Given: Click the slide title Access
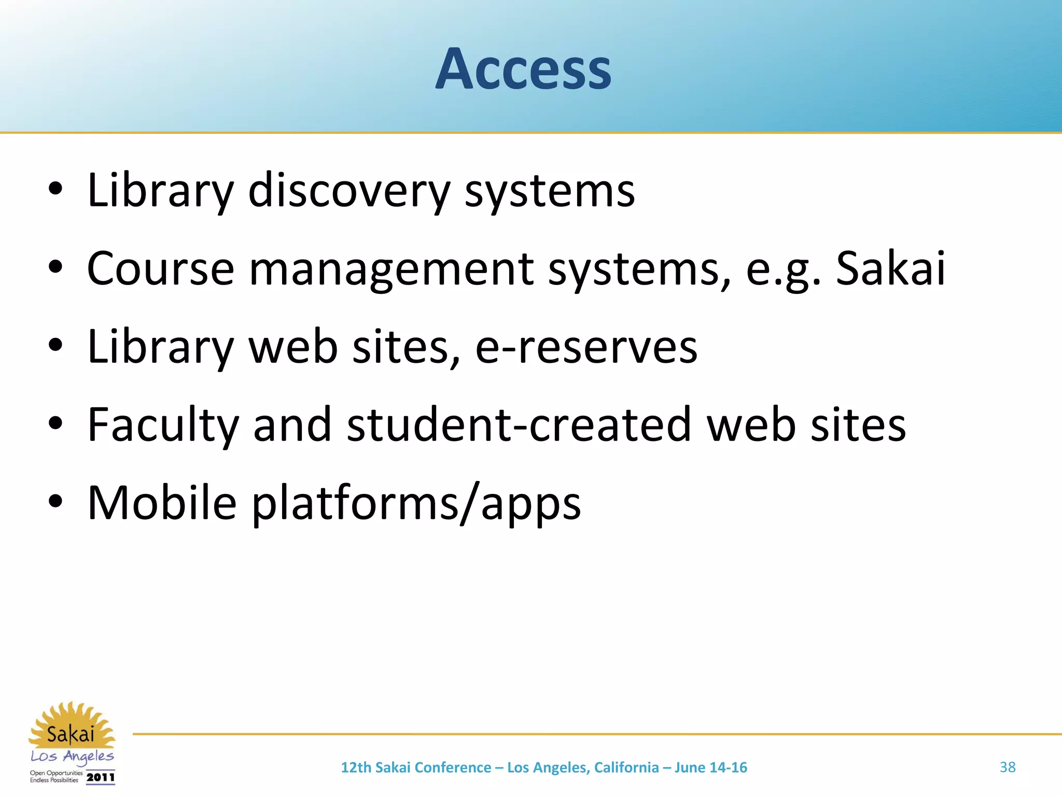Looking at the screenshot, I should point(523,69).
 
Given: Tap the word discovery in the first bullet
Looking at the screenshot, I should point(349,191).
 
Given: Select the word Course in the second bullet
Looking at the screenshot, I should point(161,268).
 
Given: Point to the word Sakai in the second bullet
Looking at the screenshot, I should point(890,268).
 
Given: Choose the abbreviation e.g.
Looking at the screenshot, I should point(783,269).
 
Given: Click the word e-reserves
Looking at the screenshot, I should point(586,347).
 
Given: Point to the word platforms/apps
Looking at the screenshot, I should point(416,503).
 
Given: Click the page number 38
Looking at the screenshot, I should point(1008,767).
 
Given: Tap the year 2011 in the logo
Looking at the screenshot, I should point(101,777).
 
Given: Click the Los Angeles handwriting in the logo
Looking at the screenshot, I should point(72,757).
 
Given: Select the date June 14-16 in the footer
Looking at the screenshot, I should point(710,767).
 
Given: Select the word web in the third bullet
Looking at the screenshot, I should point(294,347).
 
